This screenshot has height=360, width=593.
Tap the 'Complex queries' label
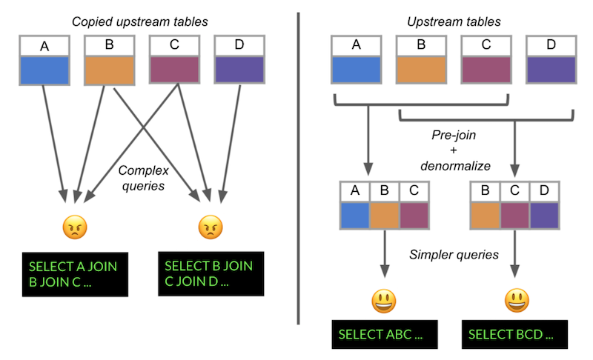(141, 178)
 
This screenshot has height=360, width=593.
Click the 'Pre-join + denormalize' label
(454, 150)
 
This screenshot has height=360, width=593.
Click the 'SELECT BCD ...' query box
(517, 334)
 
